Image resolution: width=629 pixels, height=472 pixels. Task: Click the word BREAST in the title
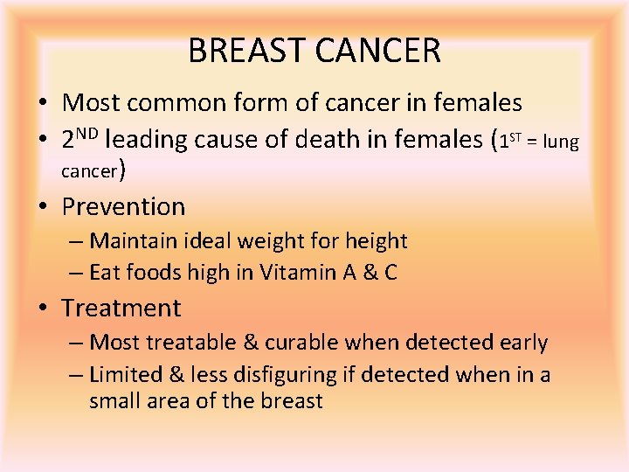pyautogui.click(x=245, y=51)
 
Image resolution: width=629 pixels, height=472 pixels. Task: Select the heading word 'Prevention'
pyautogui.click(x=123, y=207)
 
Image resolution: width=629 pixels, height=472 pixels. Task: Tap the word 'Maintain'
pyautogui.click(x=132, y=240)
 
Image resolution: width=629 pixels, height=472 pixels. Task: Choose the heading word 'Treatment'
pyautogui.click(x=121, y=309)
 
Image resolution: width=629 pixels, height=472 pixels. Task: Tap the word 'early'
pyautogui.click(x=522, y=343)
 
